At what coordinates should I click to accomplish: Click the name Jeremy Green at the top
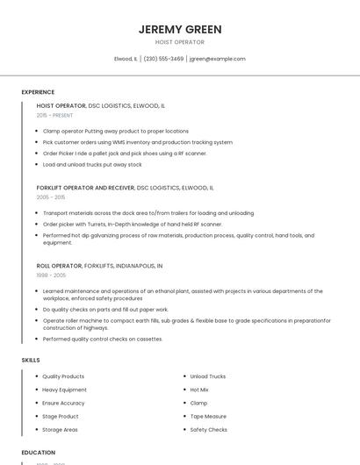[180, 29]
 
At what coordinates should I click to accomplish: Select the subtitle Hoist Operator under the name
[180, 42]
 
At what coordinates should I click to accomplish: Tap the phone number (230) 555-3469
[163, 59]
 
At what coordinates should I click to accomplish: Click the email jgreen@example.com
[218, 59]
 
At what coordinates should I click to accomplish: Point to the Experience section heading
[38, 92]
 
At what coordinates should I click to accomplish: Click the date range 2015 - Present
[54, 116]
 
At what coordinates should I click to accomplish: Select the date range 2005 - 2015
[51, 197]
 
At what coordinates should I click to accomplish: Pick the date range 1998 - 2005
[51, 275]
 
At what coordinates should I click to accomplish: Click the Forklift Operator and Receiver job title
[85, 188]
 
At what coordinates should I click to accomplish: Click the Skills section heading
[31, 361]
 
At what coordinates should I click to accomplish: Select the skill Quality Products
[63, 376]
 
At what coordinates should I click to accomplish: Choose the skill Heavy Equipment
[64, 390]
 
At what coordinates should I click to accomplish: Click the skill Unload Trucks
[208, 376]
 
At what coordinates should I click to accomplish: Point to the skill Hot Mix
[199, 390]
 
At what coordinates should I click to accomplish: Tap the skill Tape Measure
[208, 417]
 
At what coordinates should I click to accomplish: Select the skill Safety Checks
[209, 430]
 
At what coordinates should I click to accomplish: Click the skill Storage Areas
[61, 430]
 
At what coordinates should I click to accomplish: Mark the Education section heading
[38, 453]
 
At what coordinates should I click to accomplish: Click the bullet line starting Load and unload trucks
[92, 164]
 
